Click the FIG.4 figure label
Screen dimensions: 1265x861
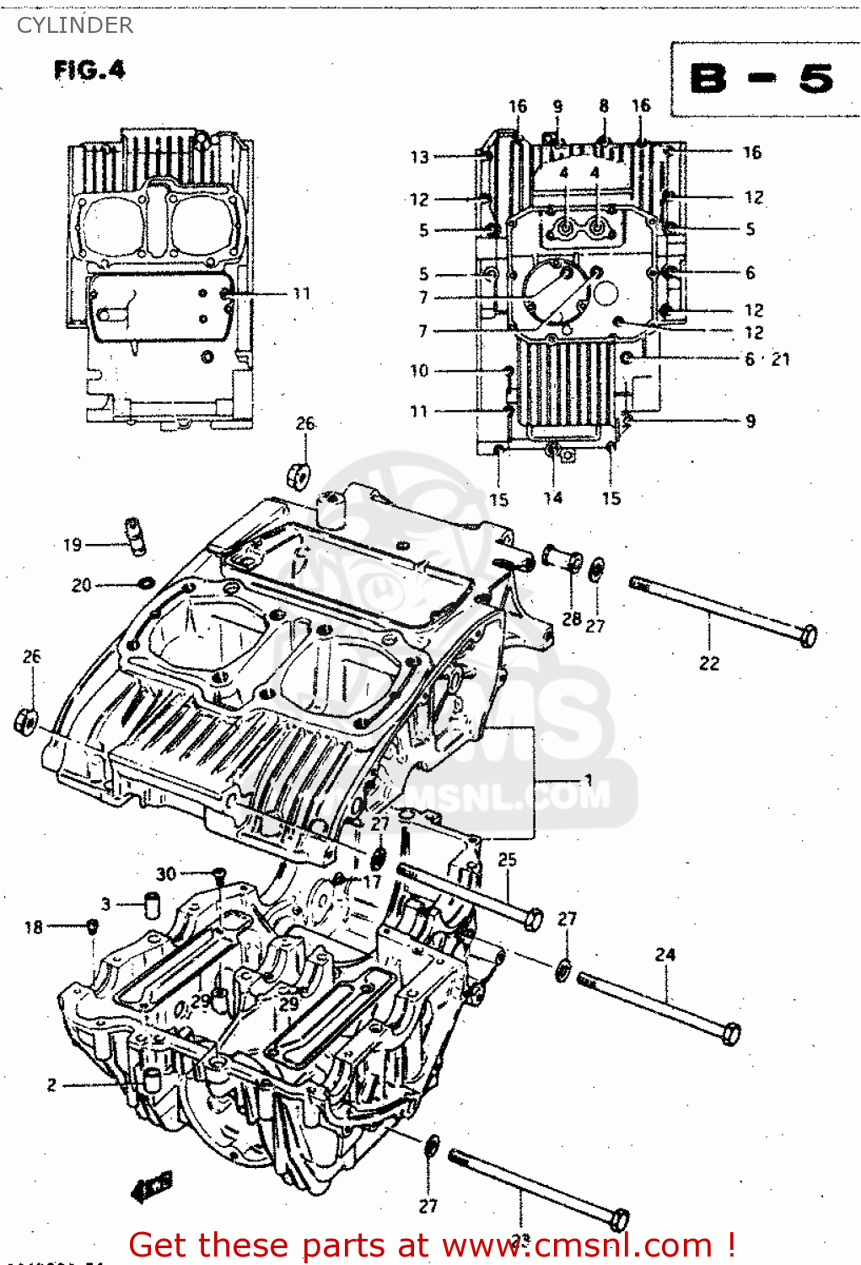click(x=89, y=70)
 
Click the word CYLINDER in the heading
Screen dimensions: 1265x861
click(x=75, y=25)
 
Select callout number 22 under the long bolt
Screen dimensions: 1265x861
click(x=709, y=664)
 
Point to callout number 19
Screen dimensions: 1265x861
click(x=73, y=545)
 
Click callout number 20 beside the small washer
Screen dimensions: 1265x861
click(x=81, y=584)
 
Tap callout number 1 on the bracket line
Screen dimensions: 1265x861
click(x=588, y=779)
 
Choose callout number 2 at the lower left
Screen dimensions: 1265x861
click(x=51, y=1085)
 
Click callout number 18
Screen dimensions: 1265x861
click(x=33, y=928)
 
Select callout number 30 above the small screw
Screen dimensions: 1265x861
click(x=166, y=874)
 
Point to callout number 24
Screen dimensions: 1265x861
click(x=665, y=955)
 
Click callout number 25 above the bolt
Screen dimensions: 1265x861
click(x=507, y=859)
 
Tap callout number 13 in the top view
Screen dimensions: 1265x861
click(x=419, y=157)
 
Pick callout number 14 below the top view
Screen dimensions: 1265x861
click(x=552, y=498)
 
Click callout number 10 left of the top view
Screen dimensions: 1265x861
click(x=419, y=370)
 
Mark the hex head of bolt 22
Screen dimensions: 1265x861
click(x=808, y=635)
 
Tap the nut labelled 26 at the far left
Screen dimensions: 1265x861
click(x=26, y=721)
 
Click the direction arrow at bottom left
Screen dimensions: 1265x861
click(x=153, y=1187)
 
